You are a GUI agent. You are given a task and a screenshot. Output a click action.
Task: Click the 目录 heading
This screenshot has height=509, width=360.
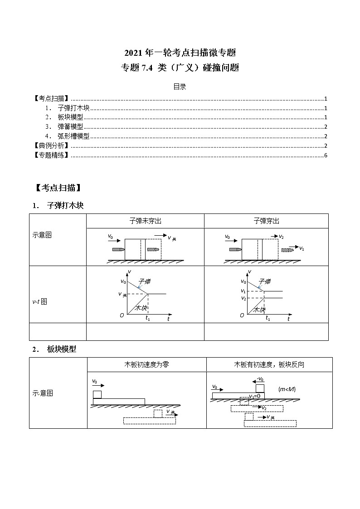pos(180,87)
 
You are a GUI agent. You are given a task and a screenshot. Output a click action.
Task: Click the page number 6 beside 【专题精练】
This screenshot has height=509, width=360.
pos(326,155)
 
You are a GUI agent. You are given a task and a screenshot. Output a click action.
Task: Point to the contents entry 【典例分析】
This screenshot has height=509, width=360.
pos(51,145)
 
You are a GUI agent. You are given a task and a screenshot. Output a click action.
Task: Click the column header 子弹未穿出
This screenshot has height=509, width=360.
pos(145,221)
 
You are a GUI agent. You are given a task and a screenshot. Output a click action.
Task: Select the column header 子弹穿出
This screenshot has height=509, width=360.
pos(266,221)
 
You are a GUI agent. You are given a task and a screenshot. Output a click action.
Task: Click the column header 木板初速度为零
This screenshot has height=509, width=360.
pos(146,364)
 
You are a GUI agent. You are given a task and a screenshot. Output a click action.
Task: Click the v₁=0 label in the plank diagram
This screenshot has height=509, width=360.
pos(254,396)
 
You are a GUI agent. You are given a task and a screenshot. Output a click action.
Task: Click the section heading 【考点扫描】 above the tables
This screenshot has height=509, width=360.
pos(58,187)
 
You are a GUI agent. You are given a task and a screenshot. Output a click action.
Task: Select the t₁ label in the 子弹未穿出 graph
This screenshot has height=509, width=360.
pos(148,318)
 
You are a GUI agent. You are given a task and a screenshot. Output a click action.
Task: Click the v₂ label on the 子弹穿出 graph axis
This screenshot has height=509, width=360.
pos(243,298)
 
